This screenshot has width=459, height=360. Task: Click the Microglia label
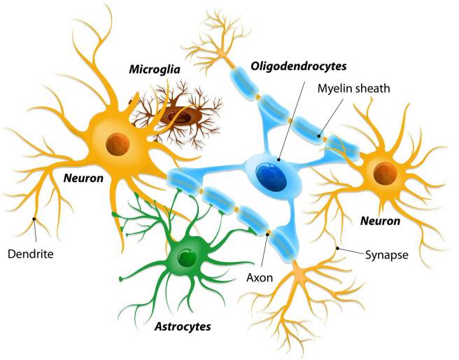155,70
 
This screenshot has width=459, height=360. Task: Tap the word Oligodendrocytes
299,67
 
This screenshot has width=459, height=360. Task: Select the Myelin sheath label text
353,88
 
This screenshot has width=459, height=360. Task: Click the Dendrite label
31,254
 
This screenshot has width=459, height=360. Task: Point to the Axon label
260,277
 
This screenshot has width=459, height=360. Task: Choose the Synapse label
387,255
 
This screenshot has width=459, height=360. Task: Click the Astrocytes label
183,326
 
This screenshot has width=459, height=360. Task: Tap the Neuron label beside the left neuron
83,178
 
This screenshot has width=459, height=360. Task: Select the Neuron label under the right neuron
380,221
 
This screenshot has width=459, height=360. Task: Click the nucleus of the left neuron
118,144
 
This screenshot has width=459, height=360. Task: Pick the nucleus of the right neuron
386,174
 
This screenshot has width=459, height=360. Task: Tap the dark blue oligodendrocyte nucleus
271,177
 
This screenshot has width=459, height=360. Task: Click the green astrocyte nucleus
187,258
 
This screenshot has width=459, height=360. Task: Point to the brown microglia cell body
181,116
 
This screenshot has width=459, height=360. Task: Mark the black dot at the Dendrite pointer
34,219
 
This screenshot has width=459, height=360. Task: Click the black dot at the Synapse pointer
337,249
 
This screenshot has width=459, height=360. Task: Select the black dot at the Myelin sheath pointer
319,136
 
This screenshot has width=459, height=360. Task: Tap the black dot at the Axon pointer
267,233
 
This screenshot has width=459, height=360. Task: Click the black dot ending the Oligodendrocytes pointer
278,160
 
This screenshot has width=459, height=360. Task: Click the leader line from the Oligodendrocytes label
292,120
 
